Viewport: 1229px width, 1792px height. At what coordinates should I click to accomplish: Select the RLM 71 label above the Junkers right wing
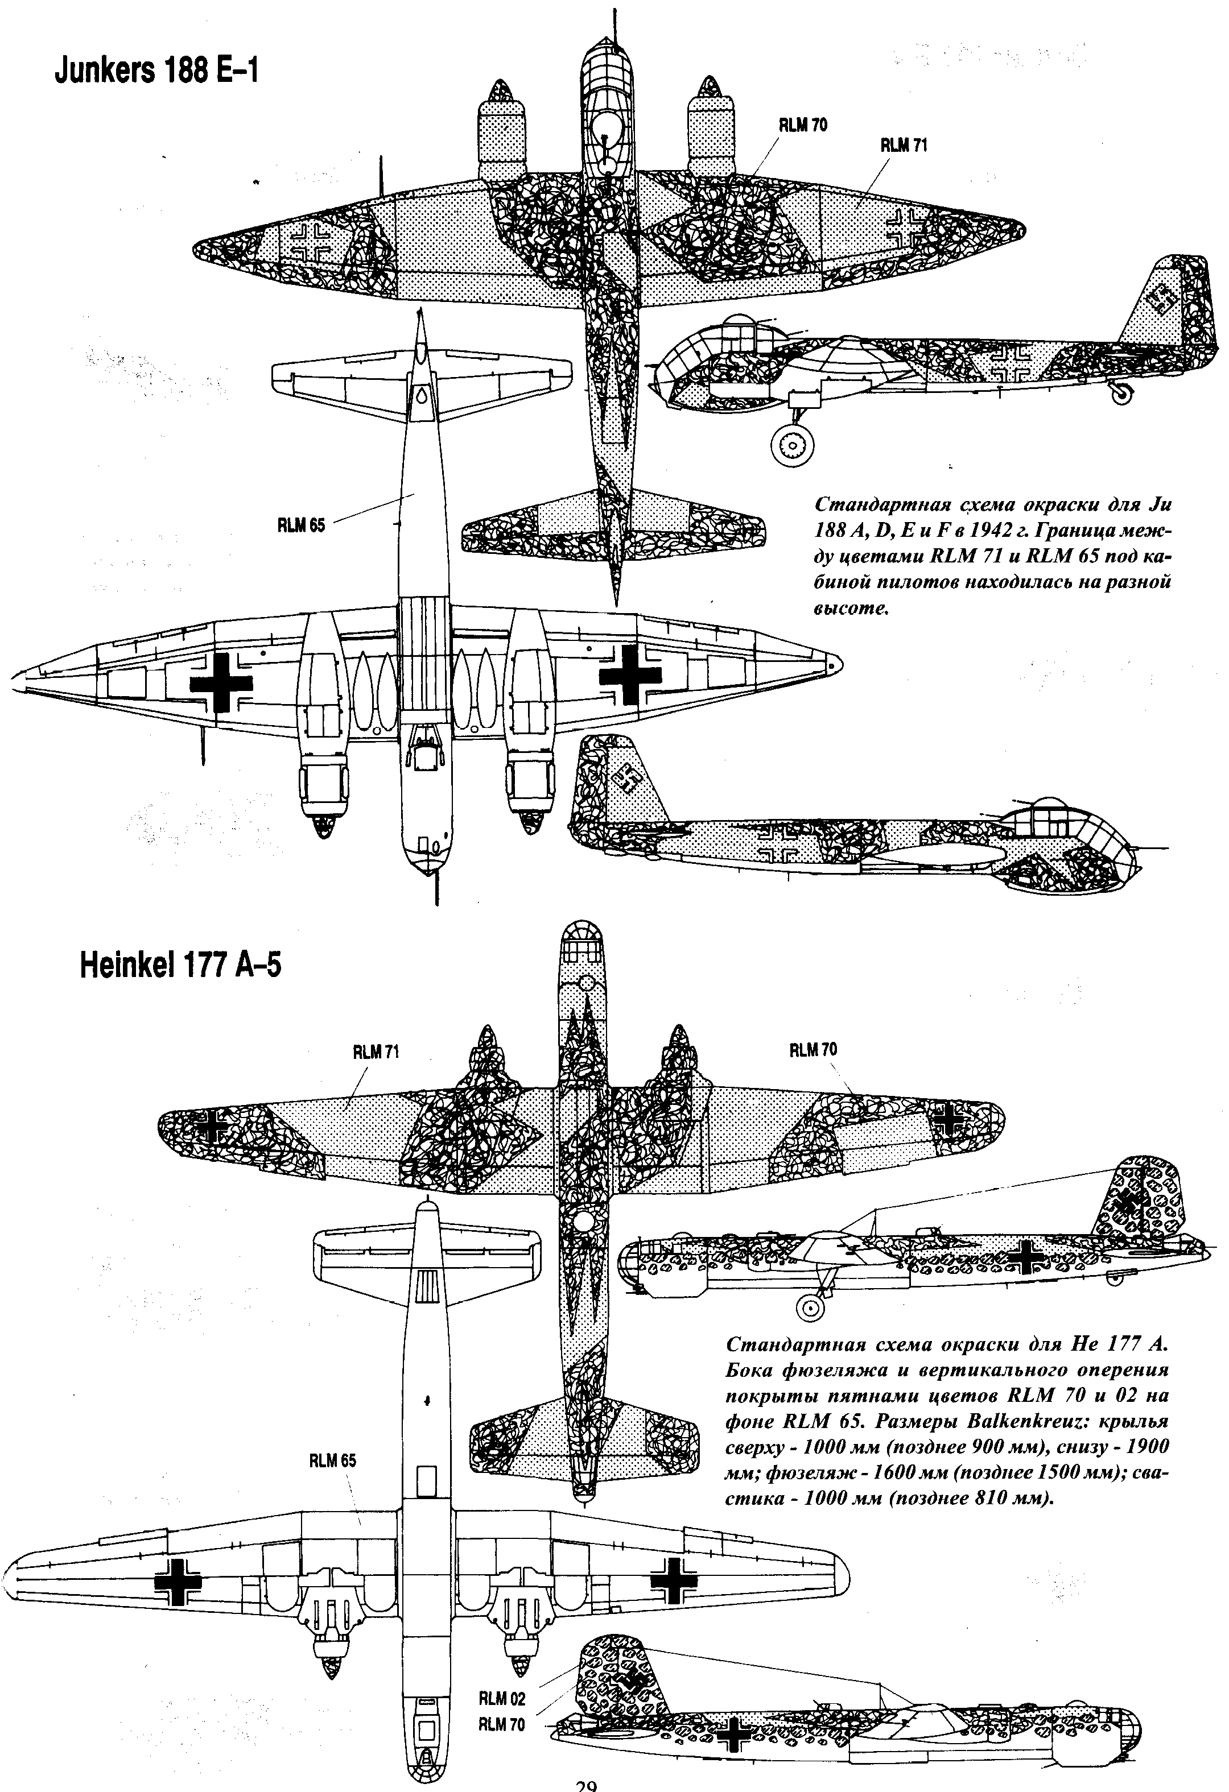click(904, 145)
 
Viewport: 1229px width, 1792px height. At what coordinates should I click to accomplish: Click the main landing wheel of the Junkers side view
click(793, 446)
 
